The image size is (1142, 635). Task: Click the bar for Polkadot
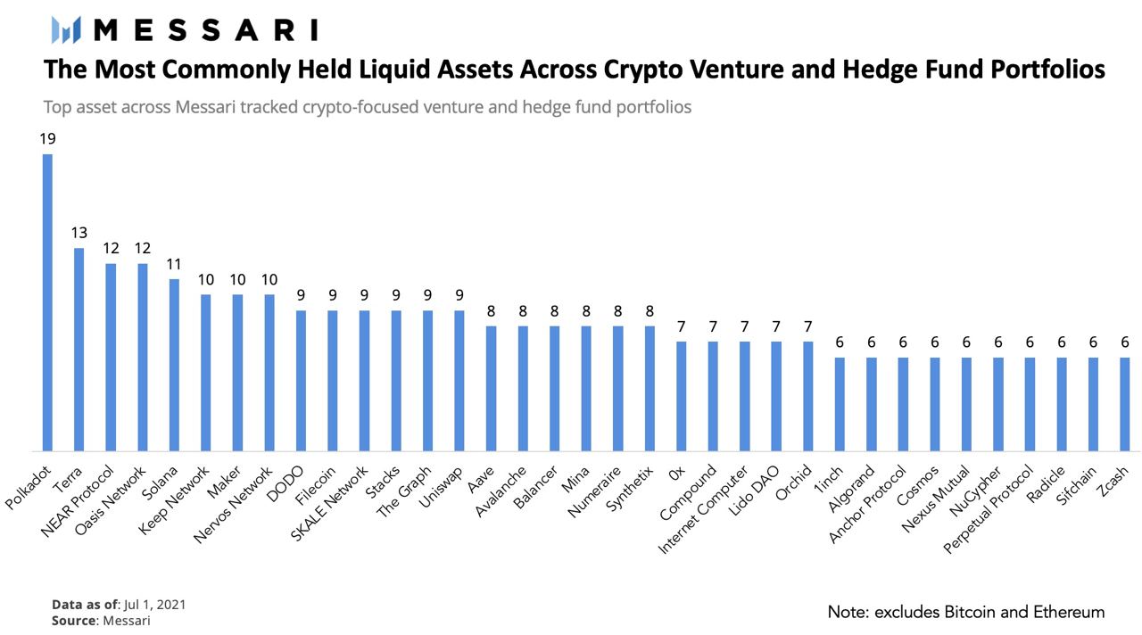47,303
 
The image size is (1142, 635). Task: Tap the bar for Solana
174,366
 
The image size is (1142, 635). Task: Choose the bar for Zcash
1125,405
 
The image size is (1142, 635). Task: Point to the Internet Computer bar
744,397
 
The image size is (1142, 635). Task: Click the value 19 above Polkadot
46,139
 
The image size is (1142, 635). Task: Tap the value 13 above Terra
79,233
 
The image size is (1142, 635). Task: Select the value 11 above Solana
174,264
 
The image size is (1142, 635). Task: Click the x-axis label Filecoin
317,482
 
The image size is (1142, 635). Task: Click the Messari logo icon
67,29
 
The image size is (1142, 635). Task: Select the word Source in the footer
73,620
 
